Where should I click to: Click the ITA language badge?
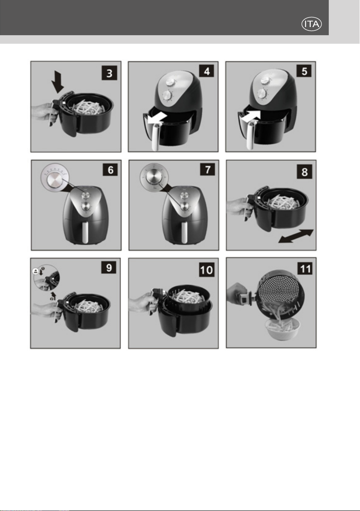coord(312,24)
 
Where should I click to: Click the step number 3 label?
coord(109,73)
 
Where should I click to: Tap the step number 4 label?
coord(207,71)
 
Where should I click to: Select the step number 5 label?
coord(304,71)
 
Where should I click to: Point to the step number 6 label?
coord(111,170)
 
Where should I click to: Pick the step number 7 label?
coord(207,170)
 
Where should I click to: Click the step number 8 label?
coord(305,171)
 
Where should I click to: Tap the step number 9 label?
coord(109,268)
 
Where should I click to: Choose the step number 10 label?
coord(206,270)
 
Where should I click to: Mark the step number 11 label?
coord(305,269)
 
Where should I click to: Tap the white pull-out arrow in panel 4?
coord(157,118)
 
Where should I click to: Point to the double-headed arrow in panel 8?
coord(296,236)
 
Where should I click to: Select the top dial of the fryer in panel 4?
coord(170,82)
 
